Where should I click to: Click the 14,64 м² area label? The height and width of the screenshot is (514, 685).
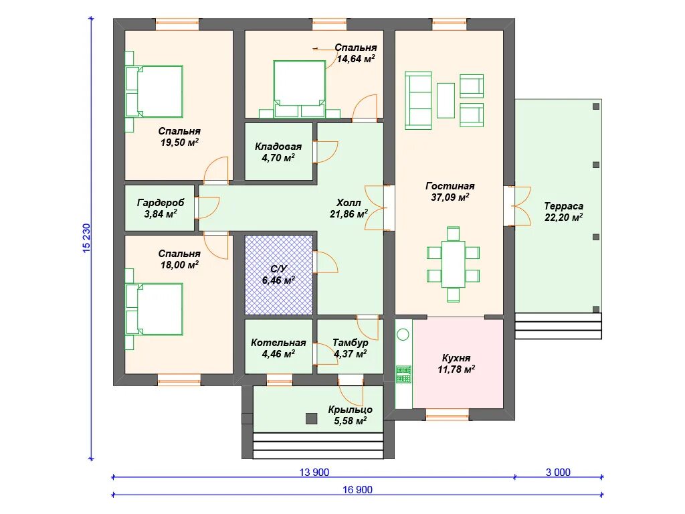point(356,59)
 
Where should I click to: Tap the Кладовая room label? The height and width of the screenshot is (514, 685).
point(278,147)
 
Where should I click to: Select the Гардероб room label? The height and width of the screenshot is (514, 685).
point(161,202)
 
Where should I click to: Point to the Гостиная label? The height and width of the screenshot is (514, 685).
point(450,186)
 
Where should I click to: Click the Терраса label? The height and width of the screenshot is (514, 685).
point(563,206)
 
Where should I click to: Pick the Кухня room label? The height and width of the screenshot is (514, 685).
point(456,358)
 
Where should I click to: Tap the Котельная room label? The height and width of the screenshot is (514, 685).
point(278,343)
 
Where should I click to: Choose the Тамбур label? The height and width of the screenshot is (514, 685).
point(351,343)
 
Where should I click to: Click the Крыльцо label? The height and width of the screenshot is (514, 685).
point(351,410)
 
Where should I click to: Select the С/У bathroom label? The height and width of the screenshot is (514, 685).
point(278,269)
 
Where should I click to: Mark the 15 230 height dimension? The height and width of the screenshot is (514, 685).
point(86,238)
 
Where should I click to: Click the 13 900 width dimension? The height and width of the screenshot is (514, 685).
point(314,472)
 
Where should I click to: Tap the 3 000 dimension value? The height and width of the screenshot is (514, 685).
point(558,472)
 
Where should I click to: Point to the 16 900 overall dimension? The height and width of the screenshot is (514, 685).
point(357,489)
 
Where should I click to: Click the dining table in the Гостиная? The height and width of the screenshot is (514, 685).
point(453,264)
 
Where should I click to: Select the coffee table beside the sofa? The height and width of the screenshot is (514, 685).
point(446,100)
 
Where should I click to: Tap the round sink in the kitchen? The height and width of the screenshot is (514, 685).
point(403,335)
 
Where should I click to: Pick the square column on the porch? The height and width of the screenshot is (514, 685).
point(311,419)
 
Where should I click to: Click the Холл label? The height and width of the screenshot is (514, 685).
point(349,203)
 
